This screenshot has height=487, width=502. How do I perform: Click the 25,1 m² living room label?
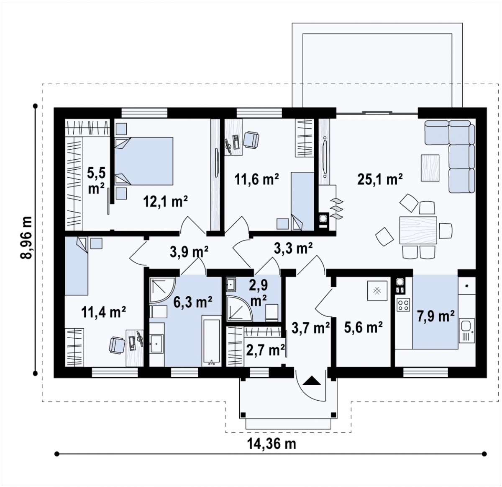(x=380, y=179)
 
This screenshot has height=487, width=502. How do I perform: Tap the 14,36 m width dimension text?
(x=272, y=443)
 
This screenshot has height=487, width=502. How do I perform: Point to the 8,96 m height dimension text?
(x=26, y=237)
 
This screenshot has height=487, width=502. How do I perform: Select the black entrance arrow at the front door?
(x=312, y=381)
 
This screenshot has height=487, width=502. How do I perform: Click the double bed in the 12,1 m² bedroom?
(x=143, y=161)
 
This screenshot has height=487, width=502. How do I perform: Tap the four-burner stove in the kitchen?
(x=403, y=305)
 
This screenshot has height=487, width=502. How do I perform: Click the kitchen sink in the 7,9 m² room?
(x=466, y=330)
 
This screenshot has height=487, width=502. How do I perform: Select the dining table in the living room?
(x=418, y=231)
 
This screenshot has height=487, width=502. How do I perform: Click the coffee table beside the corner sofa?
(x=430, y=168)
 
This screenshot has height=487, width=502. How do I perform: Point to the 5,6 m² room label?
(x=363, y=327)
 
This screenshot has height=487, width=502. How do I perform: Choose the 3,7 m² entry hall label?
(x=310, y=328)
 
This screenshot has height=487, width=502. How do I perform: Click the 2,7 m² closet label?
(x=266, y=350)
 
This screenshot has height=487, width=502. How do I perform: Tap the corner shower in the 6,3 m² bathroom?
(x=162, y=290)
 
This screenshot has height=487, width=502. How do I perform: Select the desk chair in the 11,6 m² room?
(x=251, y=140)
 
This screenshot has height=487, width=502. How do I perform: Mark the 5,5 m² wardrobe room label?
(x=96, y=180)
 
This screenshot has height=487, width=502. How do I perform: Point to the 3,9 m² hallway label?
(x=189, y=251)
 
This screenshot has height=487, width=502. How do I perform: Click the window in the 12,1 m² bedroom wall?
(x=144, y=113)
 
